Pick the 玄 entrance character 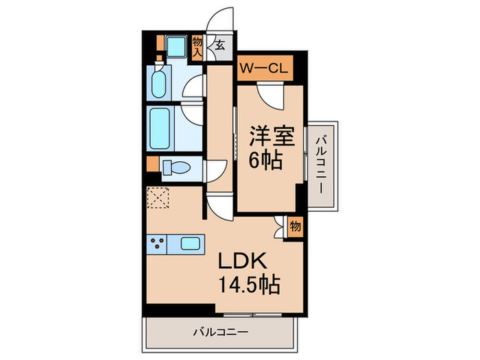(219, 45)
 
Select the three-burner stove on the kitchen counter (158, 243)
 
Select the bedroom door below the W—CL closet (269, 95)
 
